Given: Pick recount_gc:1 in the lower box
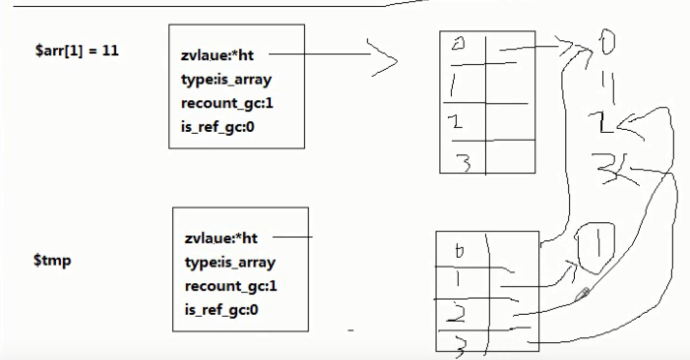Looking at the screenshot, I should point(230,286).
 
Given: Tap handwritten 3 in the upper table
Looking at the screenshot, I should point(463,159).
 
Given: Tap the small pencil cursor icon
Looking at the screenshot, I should point(584,292).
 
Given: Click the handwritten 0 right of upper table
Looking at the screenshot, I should point(604,42).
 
